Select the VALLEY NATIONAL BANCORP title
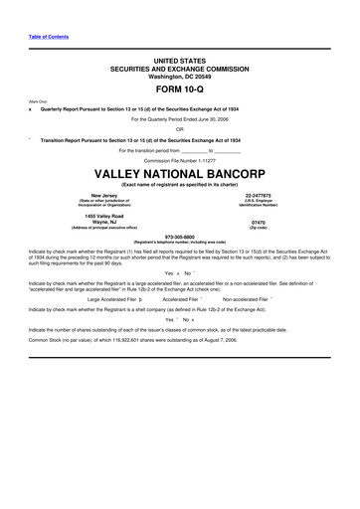coord(179,171)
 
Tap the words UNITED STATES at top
coord(179,61)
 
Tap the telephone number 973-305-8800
coord(179,237)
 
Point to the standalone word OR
coord(179,127)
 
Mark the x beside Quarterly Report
coord(31,107)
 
